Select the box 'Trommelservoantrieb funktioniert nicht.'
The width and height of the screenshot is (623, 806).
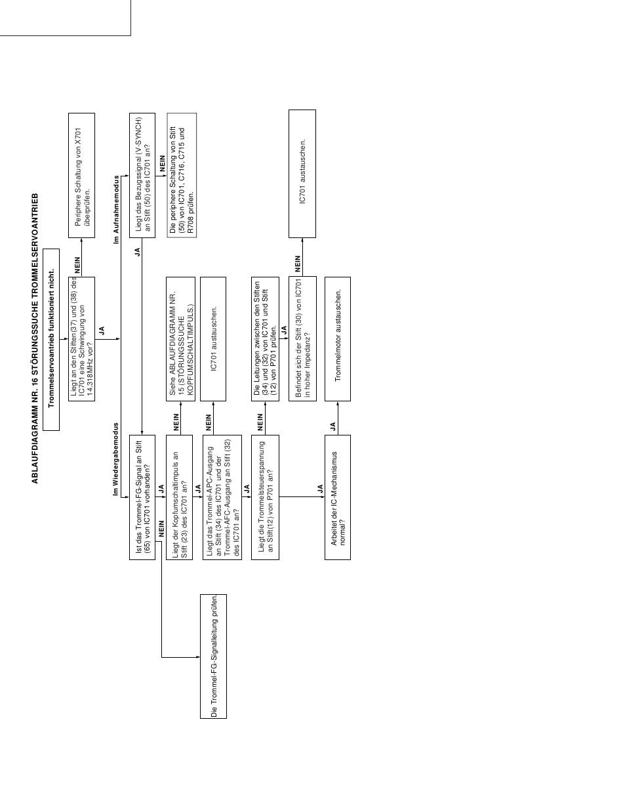[51, 340]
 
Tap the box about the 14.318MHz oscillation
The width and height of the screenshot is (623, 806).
[81, 339]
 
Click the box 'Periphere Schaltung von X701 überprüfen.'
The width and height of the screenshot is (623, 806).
[81, 176]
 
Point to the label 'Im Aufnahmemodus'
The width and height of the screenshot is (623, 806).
[117, 210]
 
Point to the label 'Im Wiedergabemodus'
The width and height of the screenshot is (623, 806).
[115, 460]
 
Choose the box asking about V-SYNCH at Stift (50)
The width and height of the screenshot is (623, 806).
[142, 176]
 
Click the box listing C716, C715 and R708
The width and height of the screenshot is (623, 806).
[182, 176]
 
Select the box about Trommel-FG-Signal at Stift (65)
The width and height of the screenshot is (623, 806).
[142, 497]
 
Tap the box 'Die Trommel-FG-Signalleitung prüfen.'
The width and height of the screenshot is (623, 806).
[214, 656]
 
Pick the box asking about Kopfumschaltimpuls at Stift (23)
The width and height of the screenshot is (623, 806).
[180, 497]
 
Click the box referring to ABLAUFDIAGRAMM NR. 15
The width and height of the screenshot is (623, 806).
[180, 339]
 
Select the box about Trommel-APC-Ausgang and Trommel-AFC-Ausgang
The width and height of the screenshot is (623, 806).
[222, 497]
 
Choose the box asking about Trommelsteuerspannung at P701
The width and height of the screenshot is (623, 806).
[265, 497]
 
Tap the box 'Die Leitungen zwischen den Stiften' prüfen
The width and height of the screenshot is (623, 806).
[265, 339]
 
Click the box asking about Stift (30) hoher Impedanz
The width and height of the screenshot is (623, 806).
[302, 339]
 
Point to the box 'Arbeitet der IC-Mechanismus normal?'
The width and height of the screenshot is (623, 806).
[338, 497]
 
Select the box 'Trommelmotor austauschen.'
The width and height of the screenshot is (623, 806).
[338, 339]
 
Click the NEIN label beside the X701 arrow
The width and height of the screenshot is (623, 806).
[77, 265]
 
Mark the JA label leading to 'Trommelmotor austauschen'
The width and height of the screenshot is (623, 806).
[333, 426]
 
